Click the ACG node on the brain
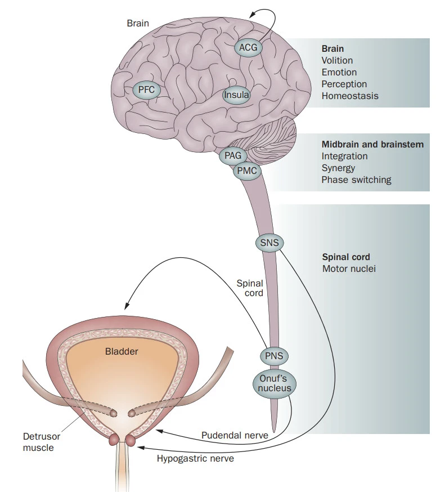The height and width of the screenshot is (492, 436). point(248,47)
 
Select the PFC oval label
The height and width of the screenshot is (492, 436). point(146,89)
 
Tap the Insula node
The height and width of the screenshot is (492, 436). point(236,95)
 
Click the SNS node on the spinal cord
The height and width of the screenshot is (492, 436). point(269,243)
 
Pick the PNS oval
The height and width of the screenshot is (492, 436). point(274,356)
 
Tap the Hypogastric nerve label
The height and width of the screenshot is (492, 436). point(195,458)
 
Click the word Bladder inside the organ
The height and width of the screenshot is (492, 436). point(122,351)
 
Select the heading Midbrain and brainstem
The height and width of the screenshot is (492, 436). point(372,145)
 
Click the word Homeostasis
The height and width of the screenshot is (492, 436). point(350,96)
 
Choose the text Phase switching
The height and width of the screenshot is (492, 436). point(356,180)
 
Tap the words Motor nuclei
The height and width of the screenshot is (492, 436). point(349,269)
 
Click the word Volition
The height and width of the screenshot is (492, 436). point(338,60)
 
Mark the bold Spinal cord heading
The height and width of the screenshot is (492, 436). point(346,257)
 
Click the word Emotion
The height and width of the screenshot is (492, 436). point(339,72)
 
